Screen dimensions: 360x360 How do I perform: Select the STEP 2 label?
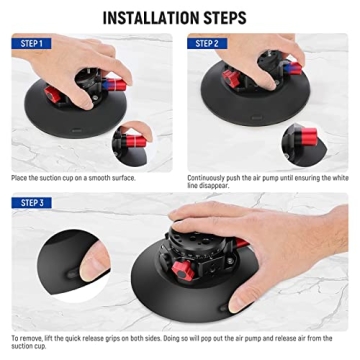click(207, 44)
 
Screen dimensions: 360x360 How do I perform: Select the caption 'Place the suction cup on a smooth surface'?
click(72, 178)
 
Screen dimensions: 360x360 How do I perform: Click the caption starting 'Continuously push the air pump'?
click(262, 178)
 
